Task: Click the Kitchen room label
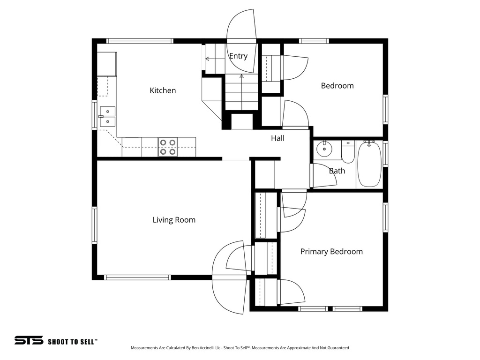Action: pyautogui.click(x=163, y=90)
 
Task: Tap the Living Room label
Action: pyautogui.click(x=174, y=220)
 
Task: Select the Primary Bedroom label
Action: pyautogui.click(x=331, y=252)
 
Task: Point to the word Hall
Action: pyautogui.click(x=277, y=138)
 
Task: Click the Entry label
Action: pyautogui.click(x=238, y=56)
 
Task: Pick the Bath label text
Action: pyautogui.click(x=337, y=171)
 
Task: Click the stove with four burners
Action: pyautogui.click(x=168, y=147)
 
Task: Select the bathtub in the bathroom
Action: pyautogui.click(x=370, y=164)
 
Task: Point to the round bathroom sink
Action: pyautogui.click(x=323, y=150)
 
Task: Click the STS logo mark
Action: pyautogui.click(x=29, y=341)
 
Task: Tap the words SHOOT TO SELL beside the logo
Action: pyautogui.click(x=73, y=342)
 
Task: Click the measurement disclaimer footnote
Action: pyautogui.click(x=239, y=348)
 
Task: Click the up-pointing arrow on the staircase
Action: pyautogui.click(x=241, y=76)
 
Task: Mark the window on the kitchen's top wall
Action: pyautogui.click(x=140, y=41)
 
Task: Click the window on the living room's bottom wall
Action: pyautogui.click(x=137, y=277)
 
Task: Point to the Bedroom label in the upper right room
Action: pyautogui.click(x=337, y=86)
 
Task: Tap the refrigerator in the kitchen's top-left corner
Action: pyautogui.click(x=107, y=64)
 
